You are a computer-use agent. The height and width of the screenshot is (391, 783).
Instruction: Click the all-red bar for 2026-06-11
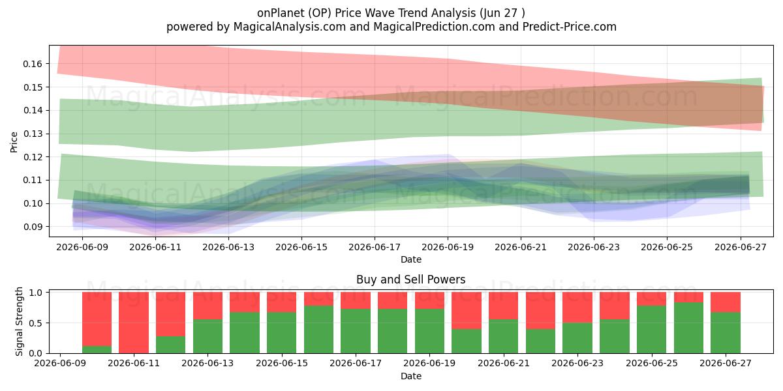[134, 323]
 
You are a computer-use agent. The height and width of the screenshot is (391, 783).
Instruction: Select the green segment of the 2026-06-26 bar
[688, 328]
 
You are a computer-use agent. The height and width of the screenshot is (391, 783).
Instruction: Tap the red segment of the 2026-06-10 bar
[97, 319]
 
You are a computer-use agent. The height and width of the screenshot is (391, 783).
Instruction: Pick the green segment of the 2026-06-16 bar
[319, 330]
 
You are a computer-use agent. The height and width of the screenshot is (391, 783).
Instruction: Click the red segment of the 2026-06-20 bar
[467, 311]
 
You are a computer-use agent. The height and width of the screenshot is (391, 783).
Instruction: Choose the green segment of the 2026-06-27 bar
[726, 333]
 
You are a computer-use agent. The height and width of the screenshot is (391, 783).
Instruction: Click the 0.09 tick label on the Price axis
[33, 227]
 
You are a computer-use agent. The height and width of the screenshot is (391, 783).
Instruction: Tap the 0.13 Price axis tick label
[33, 134]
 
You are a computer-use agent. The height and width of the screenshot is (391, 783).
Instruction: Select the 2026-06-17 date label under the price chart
[375, 247]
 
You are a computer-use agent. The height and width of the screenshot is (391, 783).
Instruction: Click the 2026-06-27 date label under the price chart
[741, 247]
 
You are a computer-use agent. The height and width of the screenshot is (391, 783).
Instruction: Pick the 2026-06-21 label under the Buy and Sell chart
[504, 363]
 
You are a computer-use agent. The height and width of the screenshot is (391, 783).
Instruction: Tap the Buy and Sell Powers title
[410, 280]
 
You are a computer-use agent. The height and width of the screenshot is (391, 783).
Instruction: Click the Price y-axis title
[14, 142]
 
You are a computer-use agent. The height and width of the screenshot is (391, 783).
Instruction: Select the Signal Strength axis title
[19, 321]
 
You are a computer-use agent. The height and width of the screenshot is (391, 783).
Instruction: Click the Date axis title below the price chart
[411, 259]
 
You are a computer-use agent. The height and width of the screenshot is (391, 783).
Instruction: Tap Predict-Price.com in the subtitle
[570, 27]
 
